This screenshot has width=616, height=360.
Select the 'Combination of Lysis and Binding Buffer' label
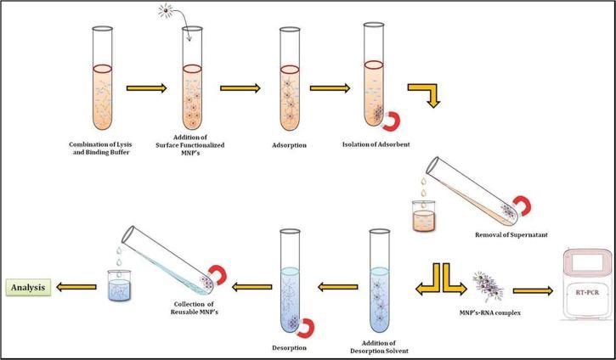tap(98, 149)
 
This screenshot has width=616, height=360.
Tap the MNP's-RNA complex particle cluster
tap(484, 282)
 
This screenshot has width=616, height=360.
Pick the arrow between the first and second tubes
tap(142, 87)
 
